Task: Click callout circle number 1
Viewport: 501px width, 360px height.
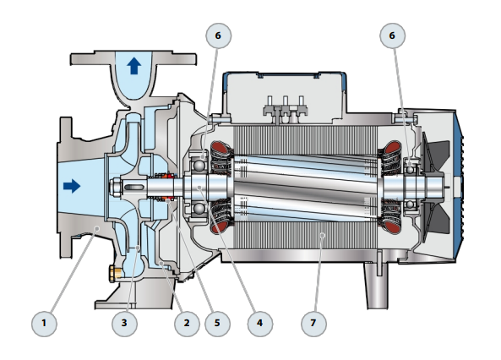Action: [44, 323]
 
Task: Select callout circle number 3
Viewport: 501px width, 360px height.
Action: [124, 323]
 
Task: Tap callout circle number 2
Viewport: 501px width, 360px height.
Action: [187, 323]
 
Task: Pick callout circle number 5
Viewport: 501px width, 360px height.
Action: [217, 323]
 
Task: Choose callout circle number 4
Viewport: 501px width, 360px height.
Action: [259, 323]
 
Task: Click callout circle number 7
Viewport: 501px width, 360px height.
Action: [313, 323]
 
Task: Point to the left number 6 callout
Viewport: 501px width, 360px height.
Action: [218, 35]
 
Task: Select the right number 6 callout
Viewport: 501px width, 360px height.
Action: [392, 35]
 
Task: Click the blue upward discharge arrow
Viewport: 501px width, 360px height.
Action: [134, 66]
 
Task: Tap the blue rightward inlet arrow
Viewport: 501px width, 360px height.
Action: [72, 186]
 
